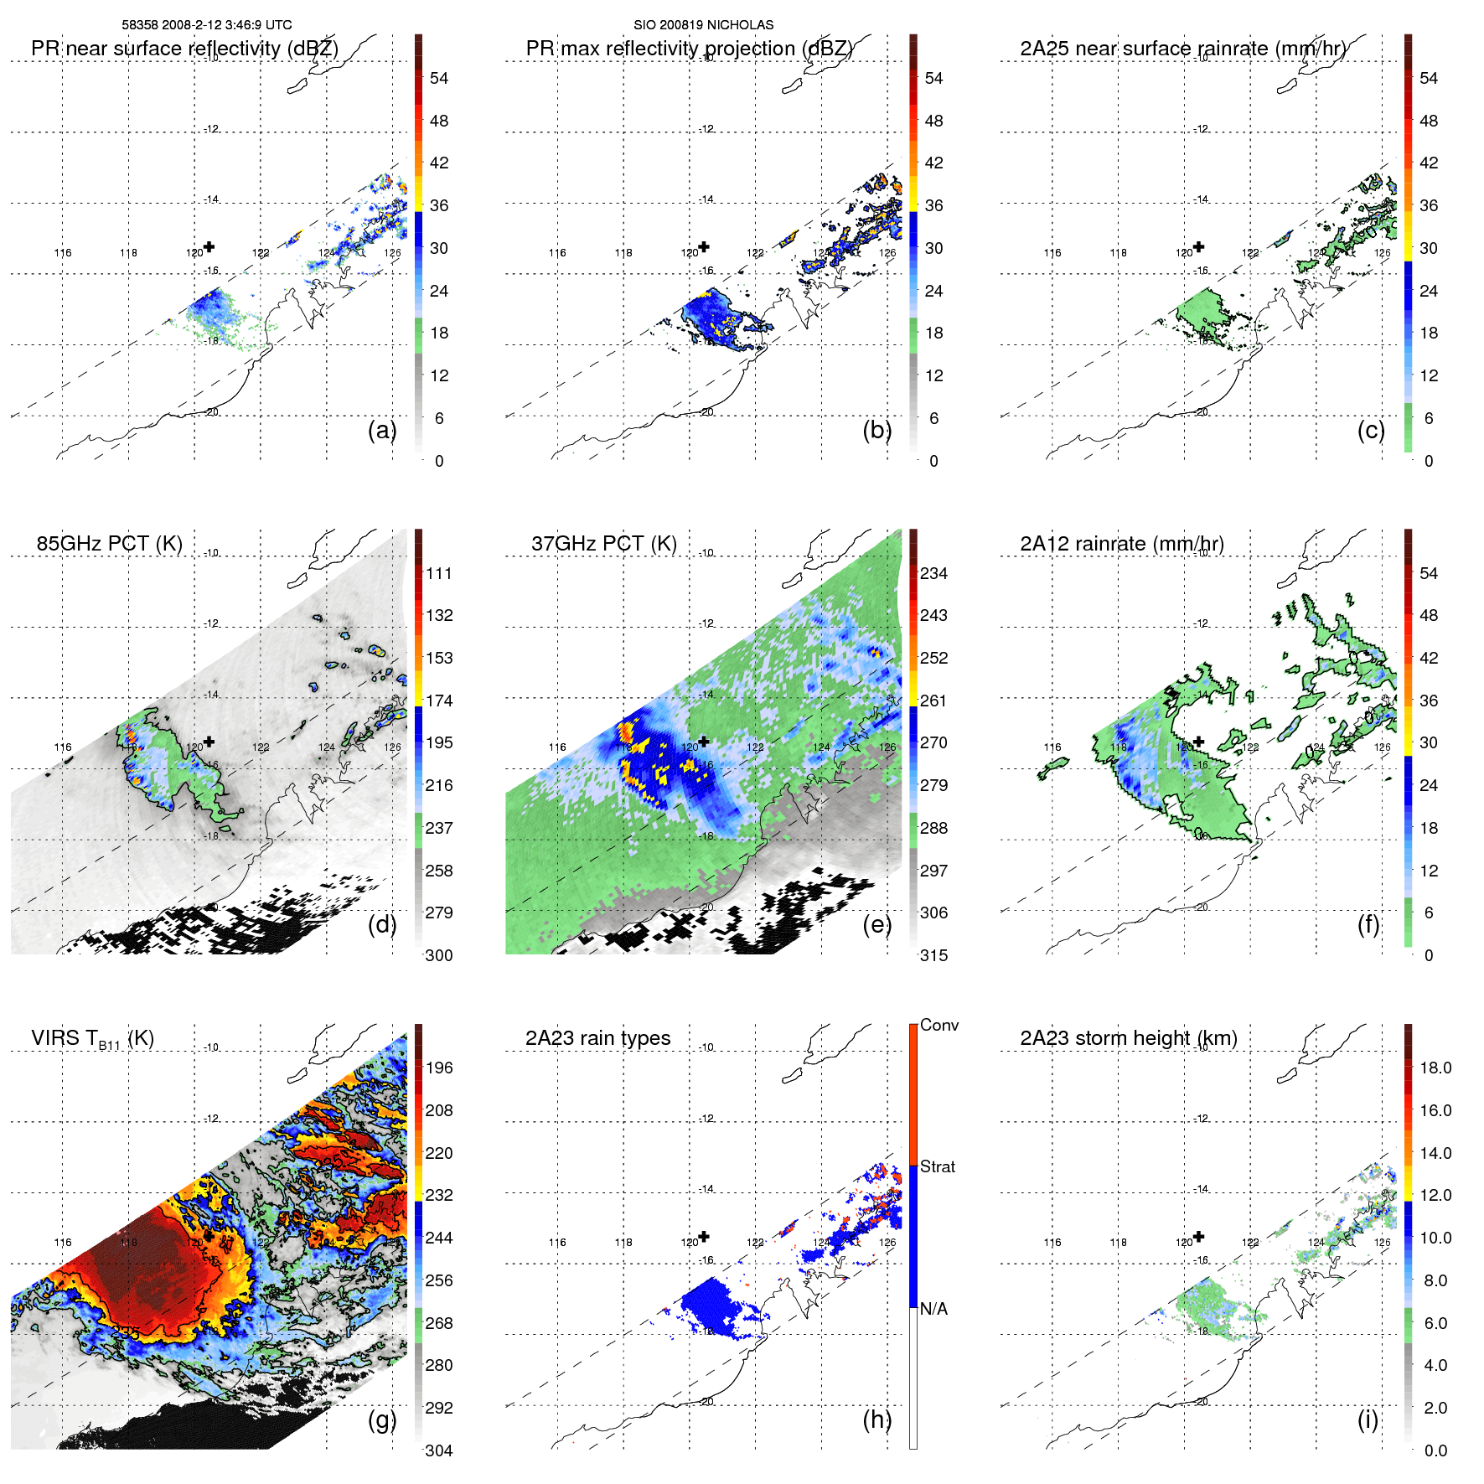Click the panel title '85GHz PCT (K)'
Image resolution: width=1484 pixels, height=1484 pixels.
[109, 544]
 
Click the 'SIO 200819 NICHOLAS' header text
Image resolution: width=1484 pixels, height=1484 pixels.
[703, 25]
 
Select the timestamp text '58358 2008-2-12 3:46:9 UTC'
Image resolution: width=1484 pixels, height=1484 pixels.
[207, 25]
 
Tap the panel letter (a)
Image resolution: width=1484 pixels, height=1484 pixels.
[382, 430]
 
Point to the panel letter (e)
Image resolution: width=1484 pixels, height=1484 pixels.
[876, 924]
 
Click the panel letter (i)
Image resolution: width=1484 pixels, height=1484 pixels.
[1368, 1419]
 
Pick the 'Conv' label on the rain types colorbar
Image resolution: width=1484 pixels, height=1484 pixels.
[939, 1025]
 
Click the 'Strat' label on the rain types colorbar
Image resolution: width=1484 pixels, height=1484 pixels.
[938, 1166]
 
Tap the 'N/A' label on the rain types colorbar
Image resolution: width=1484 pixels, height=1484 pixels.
[934, 1309]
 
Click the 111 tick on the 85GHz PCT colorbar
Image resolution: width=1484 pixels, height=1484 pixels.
[439, 573]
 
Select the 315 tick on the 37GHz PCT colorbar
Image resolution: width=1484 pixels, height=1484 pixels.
[933, 955]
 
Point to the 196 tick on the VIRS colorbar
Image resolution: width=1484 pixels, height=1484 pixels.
[439, 1068]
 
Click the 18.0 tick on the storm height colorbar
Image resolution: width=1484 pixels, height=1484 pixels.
[1435, 1068]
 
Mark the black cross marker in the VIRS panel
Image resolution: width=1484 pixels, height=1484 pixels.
[209, 1236]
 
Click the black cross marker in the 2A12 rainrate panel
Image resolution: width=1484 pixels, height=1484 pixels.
[1199, 742]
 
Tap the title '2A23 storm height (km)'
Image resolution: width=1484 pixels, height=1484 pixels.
[1129, 1038]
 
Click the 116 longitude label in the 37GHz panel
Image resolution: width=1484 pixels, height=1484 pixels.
[557, 747]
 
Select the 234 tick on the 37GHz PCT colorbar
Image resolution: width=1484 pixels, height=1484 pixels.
[933, 573]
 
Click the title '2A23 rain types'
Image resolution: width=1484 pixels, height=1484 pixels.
[597, 1038]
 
